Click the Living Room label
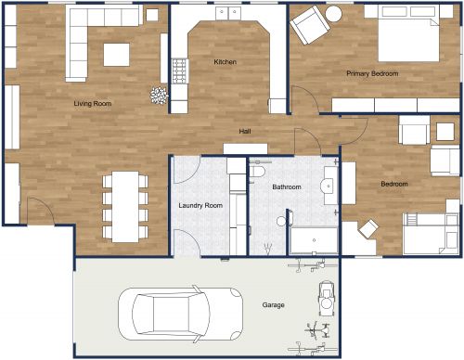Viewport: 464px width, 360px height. pyautogui.click(x=93, y=104)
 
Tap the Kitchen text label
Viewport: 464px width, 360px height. pyautogui.click(x=226, y=62)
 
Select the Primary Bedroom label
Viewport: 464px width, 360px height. pyautogui.click(x=372, y=72)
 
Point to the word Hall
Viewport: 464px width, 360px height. pyautogui.click(x=245, y=131)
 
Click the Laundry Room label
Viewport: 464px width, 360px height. pyautogui.click(x=200, y=204)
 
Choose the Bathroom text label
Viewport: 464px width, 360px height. pyautogui.click(x=286, y=187)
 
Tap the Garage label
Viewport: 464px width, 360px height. pyautogui.click(x=273, y=304)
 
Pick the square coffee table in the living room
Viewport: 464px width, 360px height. pyautogui.click(x=117, y=55)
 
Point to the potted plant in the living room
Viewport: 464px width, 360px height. pyautogui.click(x=159, y=94)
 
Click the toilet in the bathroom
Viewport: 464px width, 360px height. pyautogui.click(x=259, y=173)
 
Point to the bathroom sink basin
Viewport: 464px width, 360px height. pyautogui.click(x=328, y=187)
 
